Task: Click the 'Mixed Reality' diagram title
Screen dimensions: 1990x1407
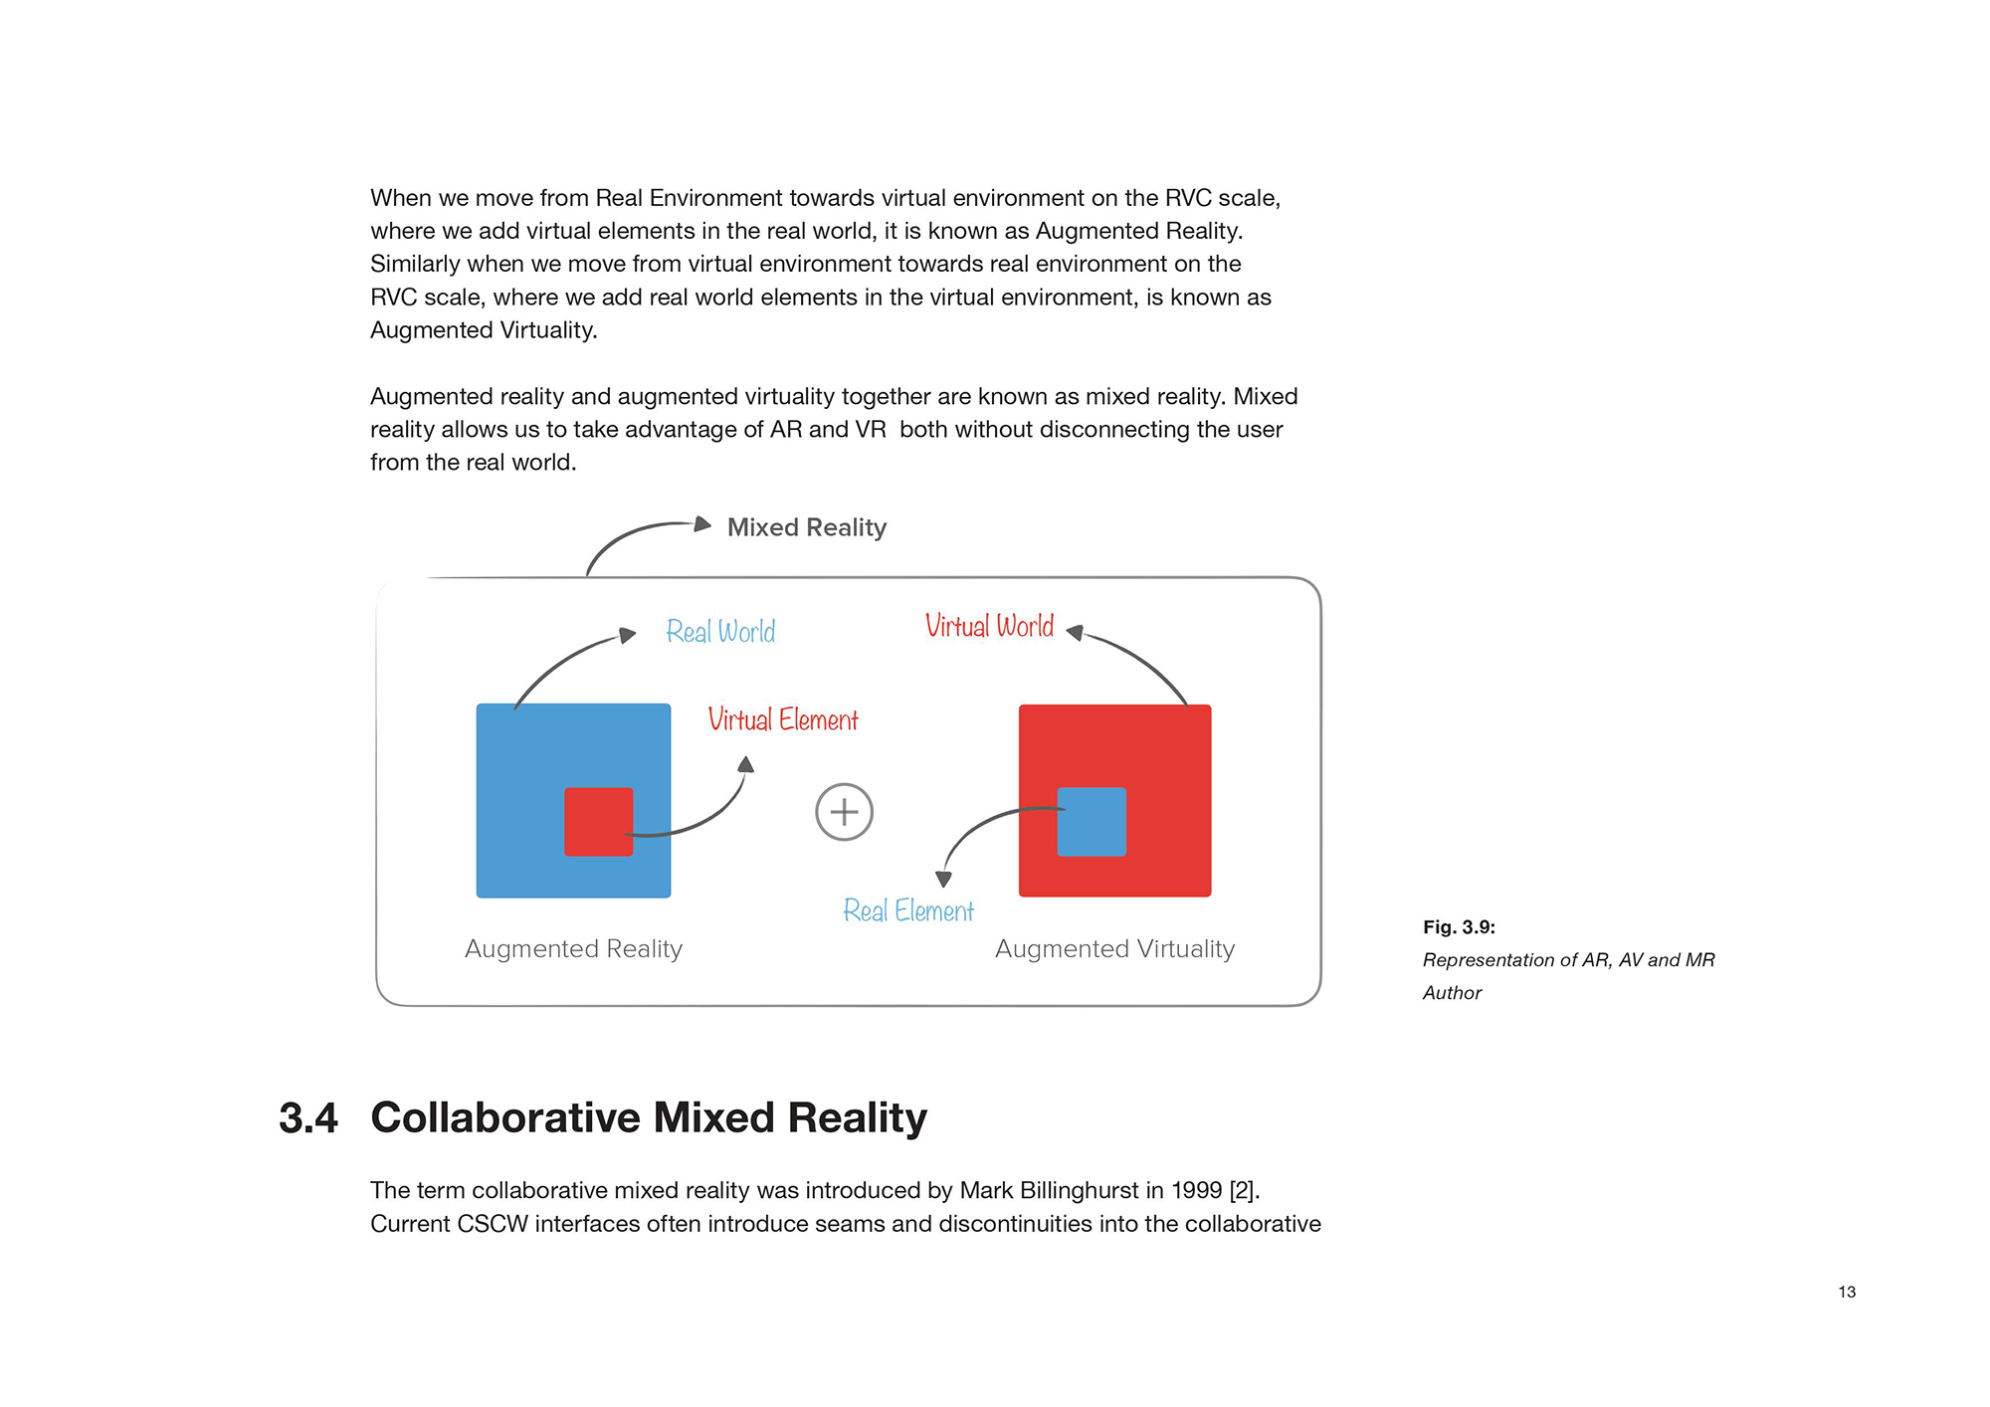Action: click(x=807, y=527)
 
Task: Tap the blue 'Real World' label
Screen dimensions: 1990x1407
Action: click(x=720, y=631)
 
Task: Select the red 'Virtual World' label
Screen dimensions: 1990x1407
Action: click(x=989, y=625)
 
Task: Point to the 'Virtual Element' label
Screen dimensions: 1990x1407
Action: click(x=783, y=718)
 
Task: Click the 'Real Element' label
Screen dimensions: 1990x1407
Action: click(x=908, y=909)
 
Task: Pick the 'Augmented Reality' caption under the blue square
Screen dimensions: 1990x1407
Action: click(x=574, y=949)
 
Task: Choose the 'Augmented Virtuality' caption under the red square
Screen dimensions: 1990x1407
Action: click(x=1115, y=949)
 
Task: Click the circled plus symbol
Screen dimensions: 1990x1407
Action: click(x=845, y=812)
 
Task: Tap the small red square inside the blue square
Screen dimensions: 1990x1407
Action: click(x=599, y=822)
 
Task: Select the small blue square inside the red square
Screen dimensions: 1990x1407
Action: click(x=1092, y=822)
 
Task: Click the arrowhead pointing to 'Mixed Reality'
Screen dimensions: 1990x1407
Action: click(x=702, y=523)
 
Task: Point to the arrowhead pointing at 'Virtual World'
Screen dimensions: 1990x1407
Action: click(x=1075, y=632)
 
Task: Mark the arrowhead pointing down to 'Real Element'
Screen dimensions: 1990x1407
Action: click(x=944, y=879)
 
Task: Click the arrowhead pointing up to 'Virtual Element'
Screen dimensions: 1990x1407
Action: click(x=746, y=764)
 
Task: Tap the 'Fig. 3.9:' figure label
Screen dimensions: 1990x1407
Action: click(x=1459, y=927)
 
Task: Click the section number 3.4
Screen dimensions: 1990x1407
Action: click(x=308, y=1118)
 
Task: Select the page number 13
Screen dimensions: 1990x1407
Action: click(x=1847, y=1292)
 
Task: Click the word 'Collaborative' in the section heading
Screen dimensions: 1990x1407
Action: click(x=505, y=1118)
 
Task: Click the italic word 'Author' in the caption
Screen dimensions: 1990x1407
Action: click(x=1453, y=993)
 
